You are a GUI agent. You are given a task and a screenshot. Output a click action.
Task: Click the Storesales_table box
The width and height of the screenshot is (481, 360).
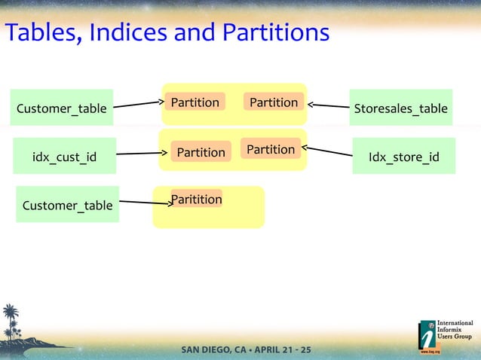tap(400, 108)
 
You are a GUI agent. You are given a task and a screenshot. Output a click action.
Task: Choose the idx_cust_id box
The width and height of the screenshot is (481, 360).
tap(64, 157)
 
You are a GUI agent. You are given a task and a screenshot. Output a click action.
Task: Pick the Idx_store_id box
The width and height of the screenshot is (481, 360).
tap(403, 157)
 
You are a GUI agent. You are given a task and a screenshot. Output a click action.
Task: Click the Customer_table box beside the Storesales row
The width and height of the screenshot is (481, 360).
tap(62, 108)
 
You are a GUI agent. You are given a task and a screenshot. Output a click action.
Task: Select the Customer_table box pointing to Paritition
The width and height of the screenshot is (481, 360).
tap(67, 205)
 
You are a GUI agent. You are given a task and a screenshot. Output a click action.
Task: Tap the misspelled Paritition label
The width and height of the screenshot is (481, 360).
tap(197, 199)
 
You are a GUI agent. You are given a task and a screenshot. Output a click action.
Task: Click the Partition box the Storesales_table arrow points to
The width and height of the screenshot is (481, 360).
tap(273, 102)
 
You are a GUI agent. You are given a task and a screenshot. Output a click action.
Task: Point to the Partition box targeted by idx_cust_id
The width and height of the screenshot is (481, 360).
tap(201, 152)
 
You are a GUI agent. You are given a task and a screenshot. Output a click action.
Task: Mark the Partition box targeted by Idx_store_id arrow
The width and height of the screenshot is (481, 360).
tap(271, 149)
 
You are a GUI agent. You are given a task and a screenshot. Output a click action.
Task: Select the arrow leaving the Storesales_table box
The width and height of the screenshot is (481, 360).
tap(329, 107)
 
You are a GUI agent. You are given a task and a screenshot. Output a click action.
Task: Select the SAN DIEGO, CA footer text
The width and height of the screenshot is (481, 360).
tap(214, 350)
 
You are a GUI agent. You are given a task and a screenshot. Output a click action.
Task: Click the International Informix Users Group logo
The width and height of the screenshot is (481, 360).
tap(446, 336)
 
